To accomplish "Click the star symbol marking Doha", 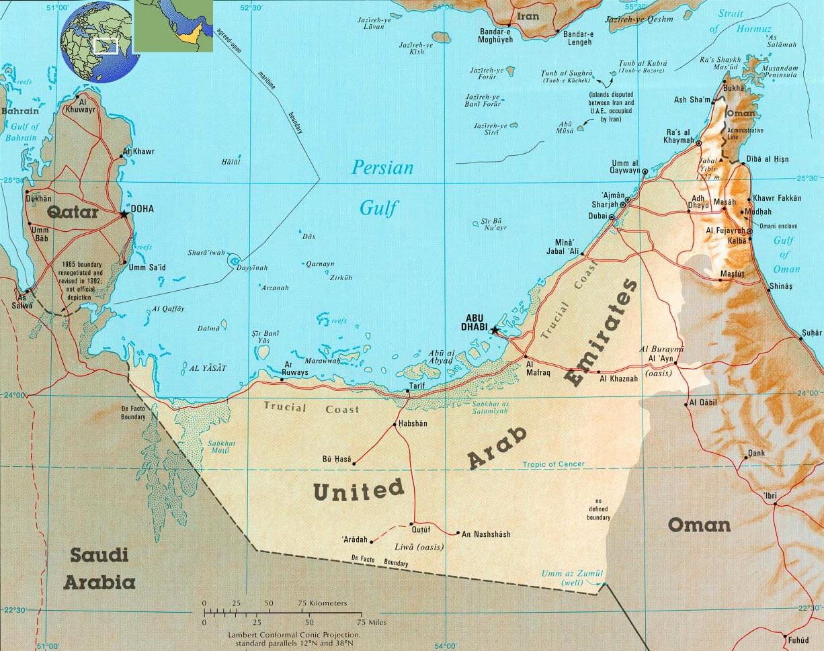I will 124,214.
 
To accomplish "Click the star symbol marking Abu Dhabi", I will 495,330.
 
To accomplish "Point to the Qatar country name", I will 73,214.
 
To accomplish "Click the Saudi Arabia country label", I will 99,568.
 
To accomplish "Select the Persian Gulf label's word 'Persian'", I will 383,167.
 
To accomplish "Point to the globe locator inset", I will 99,42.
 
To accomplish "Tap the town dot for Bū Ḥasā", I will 354,463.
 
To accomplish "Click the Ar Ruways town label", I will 296,368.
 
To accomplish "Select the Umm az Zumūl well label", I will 573,577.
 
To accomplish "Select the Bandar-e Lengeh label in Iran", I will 578,38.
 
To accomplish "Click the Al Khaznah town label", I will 618,379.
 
